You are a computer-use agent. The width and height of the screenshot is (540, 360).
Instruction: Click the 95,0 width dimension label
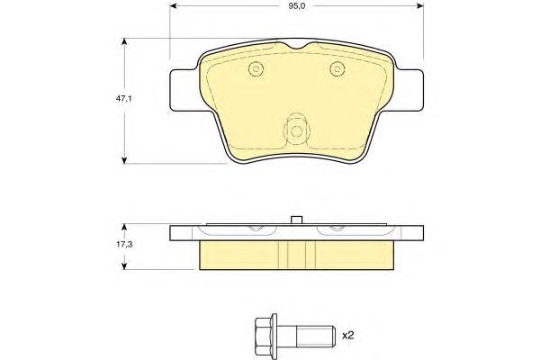click(x=297, y=6)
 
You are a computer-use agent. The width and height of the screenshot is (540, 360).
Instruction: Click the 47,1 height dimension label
click(x=124, y=98)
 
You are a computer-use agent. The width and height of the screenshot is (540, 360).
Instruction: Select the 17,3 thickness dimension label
click(x=124, y=245)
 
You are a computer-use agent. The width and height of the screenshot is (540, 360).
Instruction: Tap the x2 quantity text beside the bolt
click(x=347, y=335)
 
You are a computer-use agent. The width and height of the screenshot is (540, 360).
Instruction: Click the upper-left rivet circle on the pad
click(x=256, y=68)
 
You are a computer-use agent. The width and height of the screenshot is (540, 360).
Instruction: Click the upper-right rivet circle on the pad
click(x=337, y=68)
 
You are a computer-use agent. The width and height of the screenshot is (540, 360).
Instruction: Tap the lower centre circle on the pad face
click(x=296, y=130)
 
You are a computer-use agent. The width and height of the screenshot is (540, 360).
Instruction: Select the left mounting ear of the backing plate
click(x=185, y=90)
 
